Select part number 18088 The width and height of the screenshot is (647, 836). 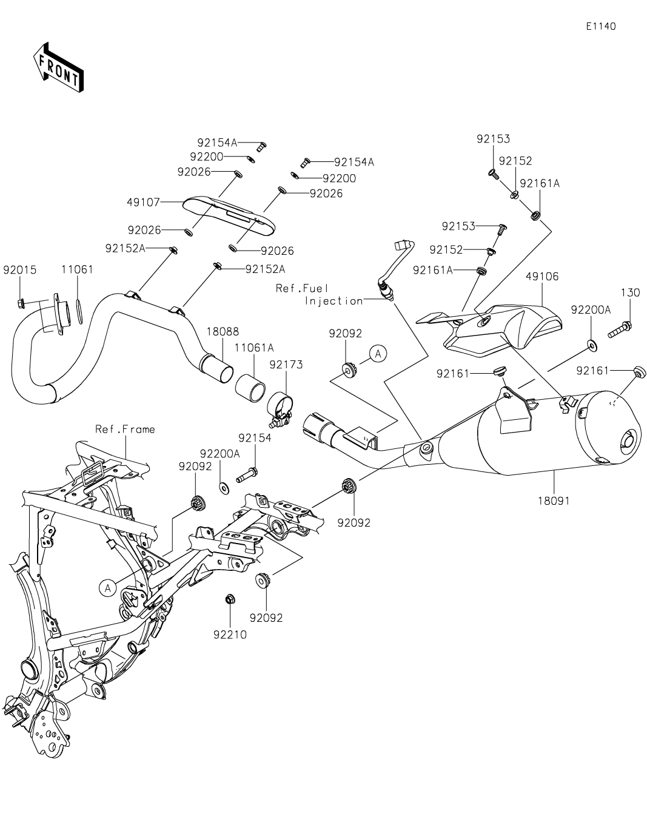(x=223, y=332)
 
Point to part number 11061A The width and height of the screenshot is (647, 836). (x=254, y=348)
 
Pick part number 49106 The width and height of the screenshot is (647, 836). (x=541, y=277)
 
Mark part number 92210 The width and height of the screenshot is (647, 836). (x=230, y=635)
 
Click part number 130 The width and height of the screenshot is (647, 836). (x=630, y=292)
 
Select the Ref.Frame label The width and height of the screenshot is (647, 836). (x=125, y=430)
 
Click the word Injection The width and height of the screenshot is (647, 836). (x=334, y=301)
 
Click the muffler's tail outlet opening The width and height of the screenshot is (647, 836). (x=628, y=439)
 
